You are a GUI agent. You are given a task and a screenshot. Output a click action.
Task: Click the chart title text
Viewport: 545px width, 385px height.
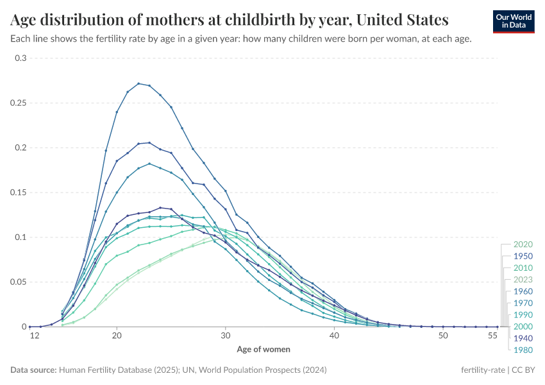[x=230, y=19]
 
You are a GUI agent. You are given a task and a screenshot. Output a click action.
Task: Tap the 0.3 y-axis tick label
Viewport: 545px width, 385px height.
[x=21, y=58]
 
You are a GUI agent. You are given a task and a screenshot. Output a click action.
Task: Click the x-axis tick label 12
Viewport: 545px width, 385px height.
[x=29, y=336]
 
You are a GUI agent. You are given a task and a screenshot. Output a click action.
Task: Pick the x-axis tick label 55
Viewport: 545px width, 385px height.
[x=492, y=336]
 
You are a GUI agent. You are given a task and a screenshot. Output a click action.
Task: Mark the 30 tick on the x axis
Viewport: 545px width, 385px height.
[x=226, y=336]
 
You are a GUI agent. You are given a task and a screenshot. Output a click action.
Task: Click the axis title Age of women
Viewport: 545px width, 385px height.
[x=264, y=350]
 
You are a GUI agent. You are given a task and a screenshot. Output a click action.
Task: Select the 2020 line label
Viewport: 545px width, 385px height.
[x=523, y=244]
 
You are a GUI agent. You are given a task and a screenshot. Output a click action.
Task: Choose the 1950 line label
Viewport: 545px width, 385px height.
[x=523, y=256]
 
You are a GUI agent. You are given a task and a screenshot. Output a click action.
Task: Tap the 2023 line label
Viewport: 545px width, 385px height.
[x=523, y=280]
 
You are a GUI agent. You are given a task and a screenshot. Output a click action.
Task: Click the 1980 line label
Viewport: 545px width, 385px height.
[x=523, y=350]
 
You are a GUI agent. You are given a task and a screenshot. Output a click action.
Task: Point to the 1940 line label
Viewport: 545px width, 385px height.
[x=523, y=338]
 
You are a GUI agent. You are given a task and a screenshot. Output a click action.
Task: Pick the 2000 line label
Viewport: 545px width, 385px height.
[x=523, y=327]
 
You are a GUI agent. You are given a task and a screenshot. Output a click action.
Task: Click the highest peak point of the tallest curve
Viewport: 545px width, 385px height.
[x=138, y=83]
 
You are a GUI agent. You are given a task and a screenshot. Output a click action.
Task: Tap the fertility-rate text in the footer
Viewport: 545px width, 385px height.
[x=483, y=370]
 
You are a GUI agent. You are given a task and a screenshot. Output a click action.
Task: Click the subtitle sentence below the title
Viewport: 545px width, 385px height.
[x=241, y=38]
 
